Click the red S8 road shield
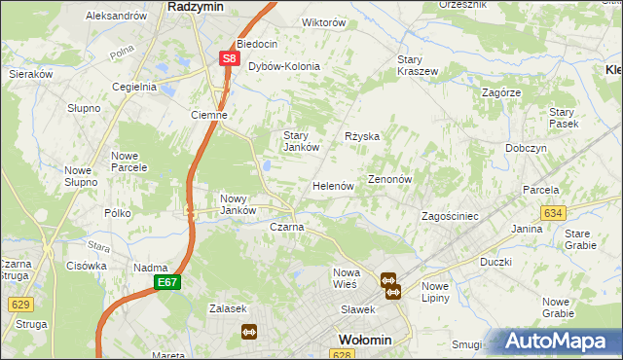tap(228, 58)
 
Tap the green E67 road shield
tap(166, 281)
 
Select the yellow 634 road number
tap(553, 212)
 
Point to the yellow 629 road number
tap(20, 304)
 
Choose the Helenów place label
tap(332, 185)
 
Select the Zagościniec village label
tap(449, 216)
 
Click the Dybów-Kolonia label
tap(284, 66)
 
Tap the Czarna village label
tap(286, 227)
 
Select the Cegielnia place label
tap(134, 86)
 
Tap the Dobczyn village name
tap(526, 148)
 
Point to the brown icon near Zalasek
tap(248, 331)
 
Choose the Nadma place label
tap(151, 268)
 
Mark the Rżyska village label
tap(362, 136)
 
